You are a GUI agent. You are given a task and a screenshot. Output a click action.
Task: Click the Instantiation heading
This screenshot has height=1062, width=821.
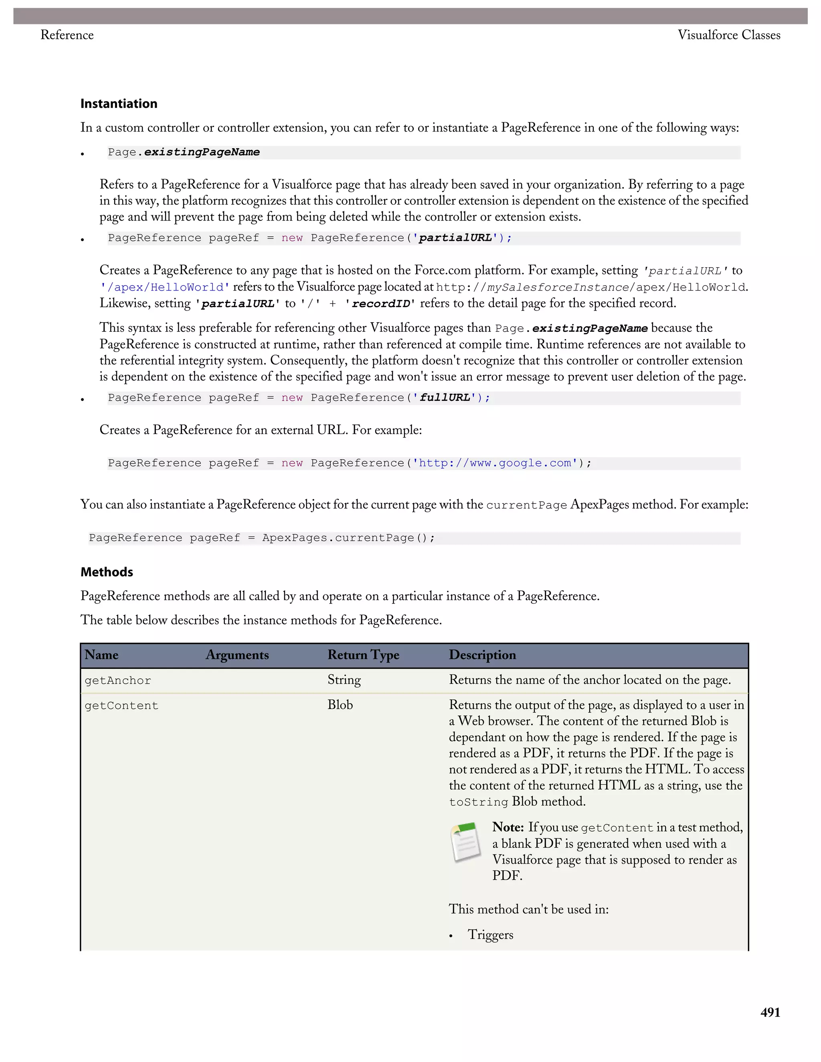tap(119, 103)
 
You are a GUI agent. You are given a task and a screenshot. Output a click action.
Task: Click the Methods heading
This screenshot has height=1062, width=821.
tap(107, 572)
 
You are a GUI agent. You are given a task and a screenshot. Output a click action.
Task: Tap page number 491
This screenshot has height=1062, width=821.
tap(770, 1012)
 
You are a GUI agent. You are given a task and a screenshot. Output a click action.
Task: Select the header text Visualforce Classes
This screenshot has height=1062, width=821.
tap(728, 35)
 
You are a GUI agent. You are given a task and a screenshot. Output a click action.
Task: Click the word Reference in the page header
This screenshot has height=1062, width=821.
tap(67, 35)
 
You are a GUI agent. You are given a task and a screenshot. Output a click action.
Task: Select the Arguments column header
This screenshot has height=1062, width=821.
tap(237, 655)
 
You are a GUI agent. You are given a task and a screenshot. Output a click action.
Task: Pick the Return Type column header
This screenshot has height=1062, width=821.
tap(363, 655)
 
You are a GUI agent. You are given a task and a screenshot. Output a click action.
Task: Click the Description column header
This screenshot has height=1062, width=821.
tap(482, 655)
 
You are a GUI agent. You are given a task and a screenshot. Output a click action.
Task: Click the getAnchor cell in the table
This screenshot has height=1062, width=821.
tap(118, 681)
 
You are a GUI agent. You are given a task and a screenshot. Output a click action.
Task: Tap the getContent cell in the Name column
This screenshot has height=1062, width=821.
tap(121, 706)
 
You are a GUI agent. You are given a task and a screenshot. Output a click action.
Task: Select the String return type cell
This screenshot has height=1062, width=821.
tap(344, 680)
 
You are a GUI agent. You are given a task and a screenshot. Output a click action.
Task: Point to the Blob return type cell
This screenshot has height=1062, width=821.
tap(340, 705)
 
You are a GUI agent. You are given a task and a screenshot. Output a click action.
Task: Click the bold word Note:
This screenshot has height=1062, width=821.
tap(507, 827)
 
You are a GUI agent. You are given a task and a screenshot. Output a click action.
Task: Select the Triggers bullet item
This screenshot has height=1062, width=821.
tap(490, 935)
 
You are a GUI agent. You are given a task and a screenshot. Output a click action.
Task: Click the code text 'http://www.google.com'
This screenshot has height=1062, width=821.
tap(495, 463)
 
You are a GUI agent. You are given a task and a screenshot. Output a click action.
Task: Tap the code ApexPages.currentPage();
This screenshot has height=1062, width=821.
tap(348, 538)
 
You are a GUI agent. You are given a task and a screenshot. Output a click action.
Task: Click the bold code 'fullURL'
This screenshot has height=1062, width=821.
tap(445, 398)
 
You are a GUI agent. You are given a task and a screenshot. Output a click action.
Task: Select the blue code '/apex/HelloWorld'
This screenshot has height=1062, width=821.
tap(164, 287)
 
